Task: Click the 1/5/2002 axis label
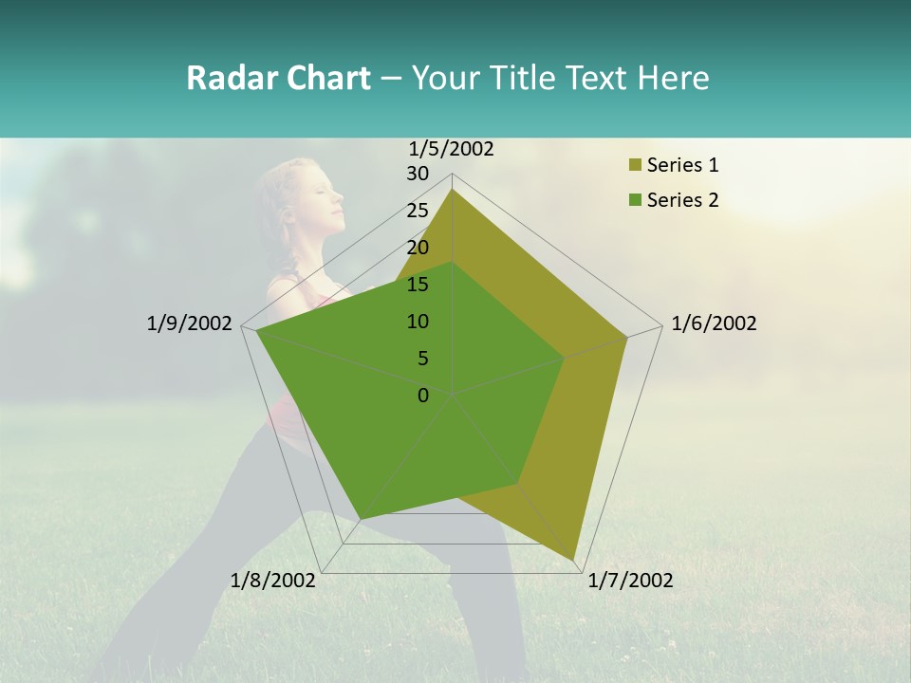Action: pyautogui.click(x=452, y=149)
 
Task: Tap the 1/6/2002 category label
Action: pyautogui.click(x=714, y=323)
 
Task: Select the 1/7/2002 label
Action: pyautogui.click(x=630, y=581)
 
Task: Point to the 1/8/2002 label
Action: pyautogui.click(x=273, y=581)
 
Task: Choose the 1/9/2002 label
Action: pyautogui.click(x=190, y=323)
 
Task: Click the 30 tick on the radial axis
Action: pyautogui.click(x=418, y=174)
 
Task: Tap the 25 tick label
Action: pyautogui.click(x=418, y=211)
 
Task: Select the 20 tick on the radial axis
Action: pyautogui.click(x=418, y=248)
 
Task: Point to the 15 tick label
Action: pyautogui.click(x=418, y=285)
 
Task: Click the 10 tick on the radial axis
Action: pyautogui.click(x=418, y=322)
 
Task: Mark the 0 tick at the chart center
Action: pyautogui.click(x=423, y=396)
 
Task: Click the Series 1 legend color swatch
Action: pyautogui.click(x=634, y=166)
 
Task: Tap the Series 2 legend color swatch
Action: pyautogui.click(x=634, y=200)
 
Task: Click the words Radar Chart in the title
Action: pyautogui.click(x=278, y=78)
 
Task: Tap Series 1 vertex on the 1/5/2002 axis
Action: pyautogui.click(x=453, y=190)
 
